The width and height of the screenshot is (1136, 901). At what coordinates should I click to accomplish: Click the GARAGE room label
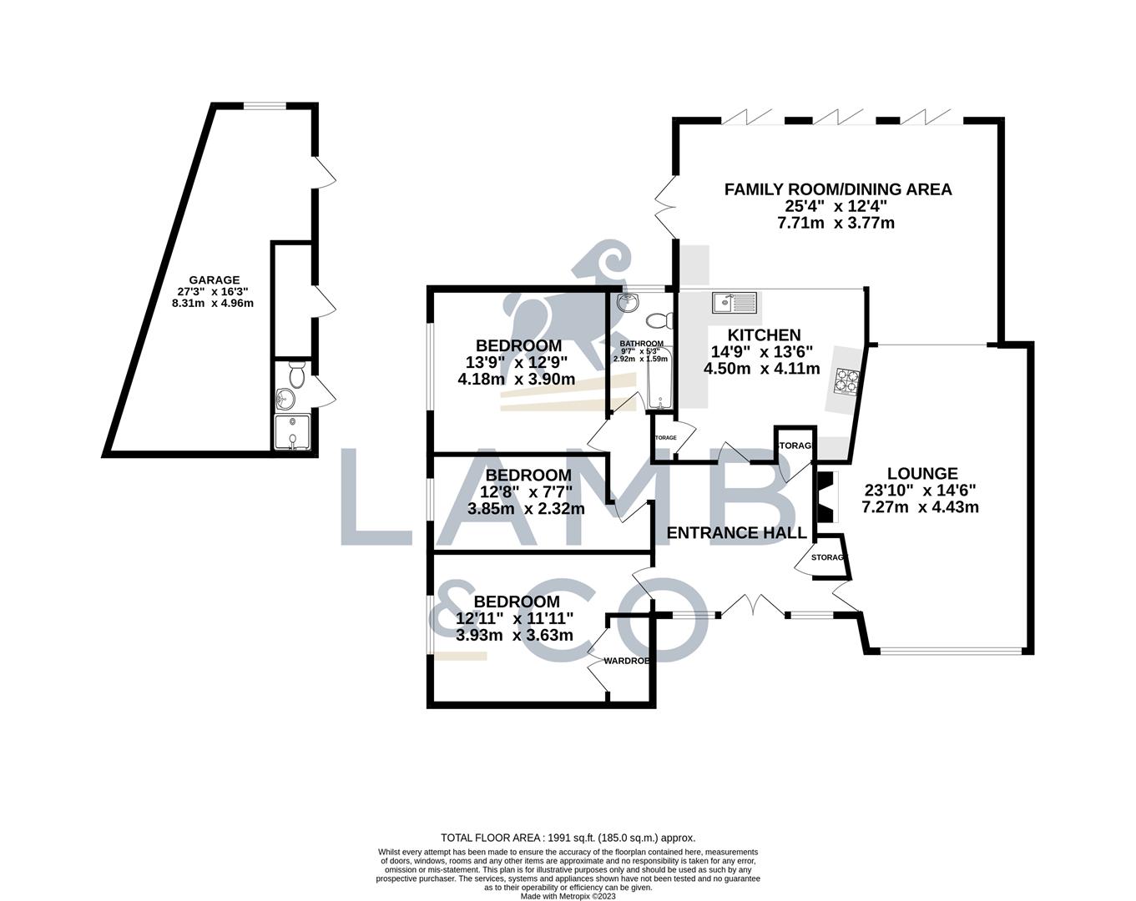point(214,280)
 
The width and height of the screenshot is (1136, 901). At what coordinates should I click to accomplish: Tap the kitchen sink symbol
point(734,301)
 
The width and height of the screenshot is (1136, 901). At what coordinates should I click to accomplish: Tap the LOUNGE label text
point(922,473)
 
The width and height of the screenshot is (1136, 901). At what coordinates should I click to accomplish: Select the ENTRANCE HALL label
point(736,533)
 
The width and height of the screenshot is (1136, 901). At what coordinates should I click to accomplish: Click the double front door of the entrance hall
point(753,607)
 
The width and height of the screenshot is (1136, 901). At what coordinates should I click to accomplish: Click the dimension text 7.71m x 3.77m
point(837,223)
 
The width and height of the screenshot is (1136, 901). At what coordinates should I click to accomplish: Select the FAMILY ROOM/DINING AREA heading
point(837,189)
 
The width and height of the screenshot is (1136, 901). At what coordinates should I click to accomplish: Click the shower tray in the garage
point(292,435)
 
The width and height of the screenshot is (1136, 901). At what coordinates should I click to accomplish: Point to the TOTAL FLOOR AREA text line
point(568,838)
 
